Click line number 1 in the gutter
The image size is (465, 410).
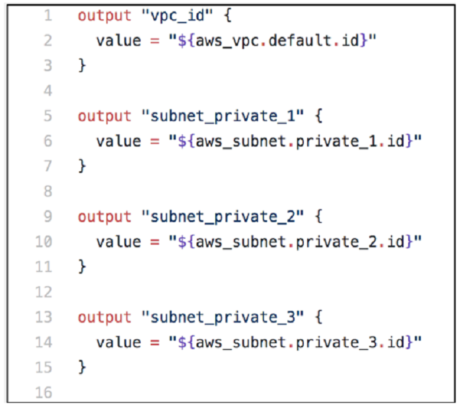point(48,15)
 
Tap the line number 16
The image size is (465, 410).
point(44,393)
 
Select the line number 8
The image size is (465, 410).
point(48,191)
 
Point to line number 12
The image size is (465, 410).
point(44,292)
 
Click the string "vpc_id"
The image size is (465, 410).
point(177,15)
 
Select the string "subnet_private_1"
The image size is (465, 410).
point(223,116)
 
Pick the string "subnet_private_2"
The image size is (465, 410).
point(223,217)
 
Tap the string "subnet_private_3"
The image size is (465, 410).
point(223,317)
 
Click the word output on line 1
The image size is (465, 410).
point(104,16)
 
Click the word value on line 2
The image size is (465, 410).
point(119,41)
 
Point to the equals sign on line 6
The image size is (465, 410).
point(155,142)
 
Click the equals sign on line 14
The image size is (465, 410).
point(155,343)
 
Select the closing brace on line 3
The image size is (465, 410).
point(82,65)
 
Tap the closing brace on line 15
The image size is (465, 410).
point(82,368)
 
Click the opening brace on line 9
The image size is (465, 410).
point(318,217)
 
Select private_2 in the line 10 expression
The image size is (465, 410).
point(337,242)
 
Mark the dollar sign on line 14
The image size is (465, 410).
point(182,343)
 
